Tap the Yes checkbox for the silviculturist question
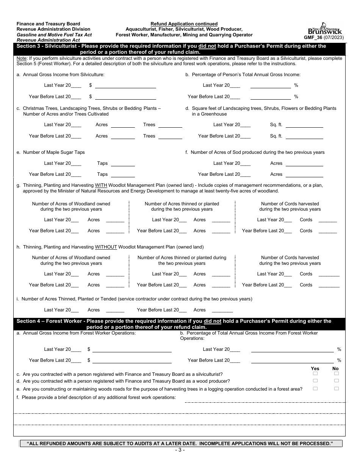[x=315, y=374]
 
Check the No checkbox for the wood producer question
[x=336, y=381]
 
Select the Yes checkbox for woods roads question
[x=315, y=388]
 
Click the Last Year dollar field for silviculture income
[x=125, y=86]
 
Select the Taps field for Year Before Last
[x=122, y=174]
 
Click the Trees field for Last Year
[x=170, y=125]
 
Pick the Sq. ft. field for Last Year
[x=304, y=125]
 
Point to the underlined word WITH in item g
[x=101, y=185]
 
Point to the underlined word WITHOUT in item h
[x=106, y=247]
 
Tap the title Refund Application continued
[x=184, y=24]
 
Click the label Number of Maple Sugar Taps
[x=54, y=152]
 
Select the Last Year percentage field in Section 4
[x=292, y=349]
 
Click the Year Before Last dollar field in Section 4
[x=131, y=360]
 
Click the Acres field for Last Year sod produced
[x=304, y=163]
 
